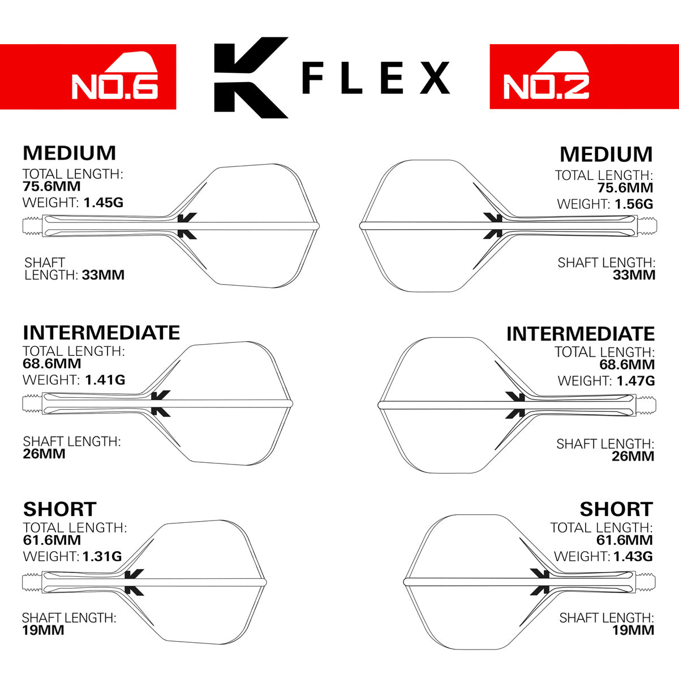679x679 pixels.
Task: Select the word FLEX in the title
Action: [376, 78]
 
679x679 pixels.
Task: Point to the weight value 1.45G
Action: [104, 202]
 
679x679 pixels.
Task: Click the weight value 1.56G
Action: [633, 204]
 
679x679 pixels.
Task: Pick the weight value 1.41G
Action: [105, 380]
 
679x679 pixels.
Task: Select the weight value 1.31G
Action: [102, 556]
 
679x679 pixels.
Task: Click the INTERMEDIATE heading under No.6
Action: [101, 332]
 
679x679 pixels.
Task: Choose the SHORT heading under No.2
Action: [616, 509]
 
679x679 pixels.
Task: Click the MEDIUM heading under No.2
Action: [606, 154]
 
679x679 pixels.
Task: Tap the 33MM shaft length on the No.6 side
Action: [103, 275]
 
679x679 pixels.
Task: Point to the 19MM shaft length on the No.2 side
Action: [633, 630]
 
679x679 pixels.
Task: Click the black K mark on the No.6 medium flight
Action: [187, 226]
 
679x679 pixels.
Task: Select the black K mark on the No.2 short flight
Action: [540, 582]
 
